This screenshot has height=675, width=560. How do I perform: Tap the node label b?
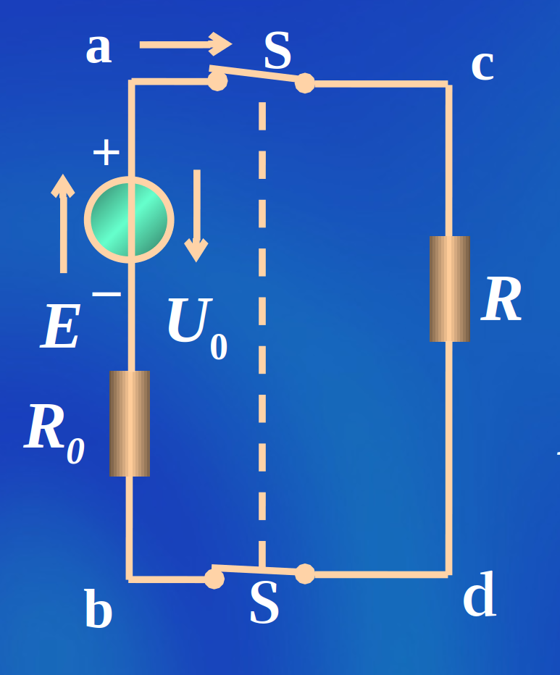[98, 610]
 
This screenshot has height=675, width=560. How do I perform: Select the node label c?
[482, 66]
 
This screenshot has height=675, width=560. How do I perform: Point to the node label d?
[480, 596]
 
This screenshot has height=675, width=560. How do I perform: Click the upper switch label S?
[277, 51]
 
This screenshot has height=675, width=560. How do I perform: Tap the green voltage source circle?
[129, 219]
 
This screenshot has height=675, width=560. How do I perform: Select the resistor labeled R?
[449, 288]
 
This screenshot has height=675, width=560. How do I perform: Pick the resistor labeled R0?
[130, 424]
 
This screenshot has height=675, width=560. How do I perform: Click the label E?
[61, 328]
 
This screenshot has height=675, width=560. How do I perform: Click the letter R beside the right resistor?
[501, 301]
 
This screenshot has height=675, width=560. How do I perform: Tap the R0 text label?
[54, 432]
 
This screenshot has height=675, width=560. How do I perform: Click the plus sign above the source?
[106, 153]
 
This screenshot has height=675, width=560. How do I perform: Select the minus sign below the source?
[106, 294]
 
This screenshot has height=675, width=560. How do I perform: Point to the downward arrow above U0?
[196, 216]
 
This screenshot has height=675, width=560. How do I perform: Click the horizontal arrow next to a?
[185, 44]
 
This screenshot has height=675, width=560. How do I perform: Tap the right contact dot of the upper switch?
[305, 83]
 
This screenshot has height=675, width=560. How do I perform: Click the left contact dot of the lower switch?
[214, 578]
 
